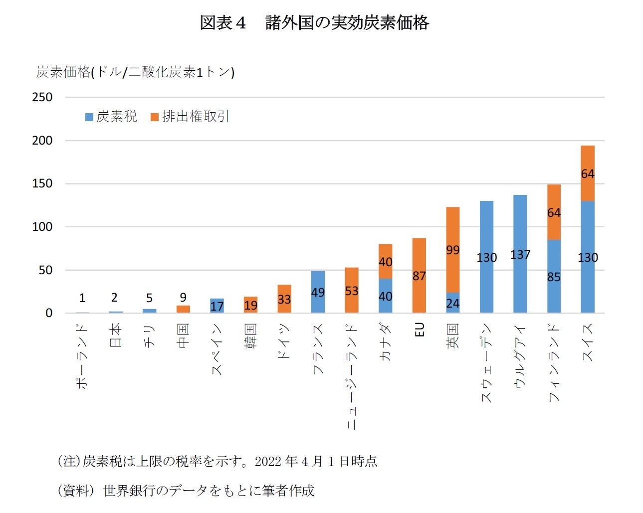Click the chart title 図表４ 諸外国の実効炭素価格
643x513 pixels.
point(314,23)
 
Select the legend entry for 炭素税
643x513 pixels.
point(111,117)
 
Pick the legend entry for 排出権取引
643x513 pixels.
point(190,117)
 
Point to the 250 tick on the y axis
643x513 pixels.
point(42,97)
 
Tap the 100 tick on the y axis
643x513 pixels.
point(42,227)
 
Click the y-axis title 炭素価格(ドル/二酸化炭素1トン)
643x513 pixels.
point(135,72)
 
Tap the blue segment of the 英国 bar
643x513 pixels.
point(452,303)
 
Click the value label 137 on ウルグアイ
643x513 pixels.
point(520,255)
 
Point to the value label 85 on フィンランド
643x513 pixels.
point(554,277)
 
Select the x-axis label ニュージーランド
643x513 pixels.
point(352,376)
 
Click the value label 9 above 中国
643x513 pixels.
point(183,298)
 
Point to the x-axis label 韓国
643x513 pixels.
point(250,336)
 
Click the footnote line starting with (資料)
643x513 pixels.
point(186,491)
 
